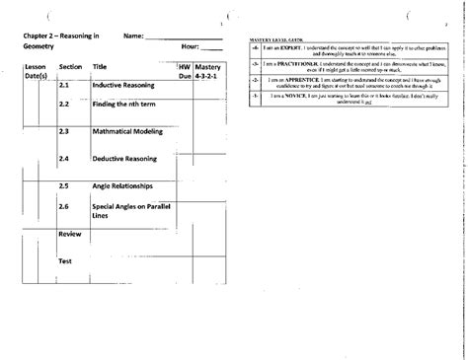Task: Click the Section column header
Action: [69, 66]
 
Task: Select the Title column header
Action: [100, 66]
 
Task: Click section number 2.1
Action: [63, 86]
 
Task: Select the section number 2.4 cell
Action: [63, 158]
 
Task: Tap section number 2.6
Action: [63, 206]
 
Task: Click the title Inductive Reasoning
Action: [122, 86]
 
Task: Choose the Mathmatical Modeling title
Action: [127, 131]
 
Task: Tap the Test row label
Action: [65, 261]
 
